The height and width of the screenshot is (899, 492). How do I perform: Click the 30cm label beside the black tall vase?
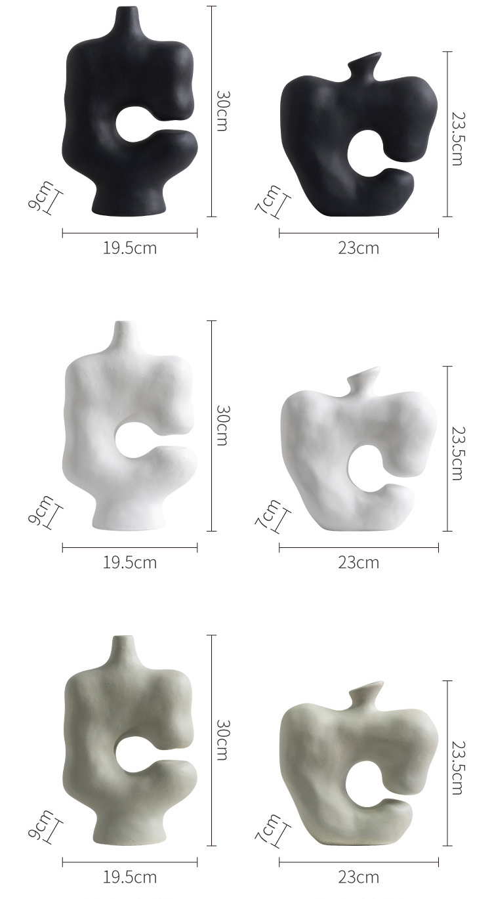coord(223,111)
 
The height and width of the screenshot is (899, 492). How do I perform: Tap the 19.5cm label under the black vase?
coord(130,248)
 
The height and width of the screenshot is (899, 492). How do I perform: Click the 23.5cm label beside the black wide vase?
coord(458,138)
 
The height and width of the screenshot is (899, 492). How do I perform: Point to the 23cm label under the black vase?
coord(358,248)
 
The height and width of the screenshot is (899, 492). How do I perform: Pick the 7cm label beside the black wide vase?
coord(267,199)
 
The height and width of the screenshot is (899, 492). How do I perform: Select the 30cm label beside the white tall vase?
coord(223,425)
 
